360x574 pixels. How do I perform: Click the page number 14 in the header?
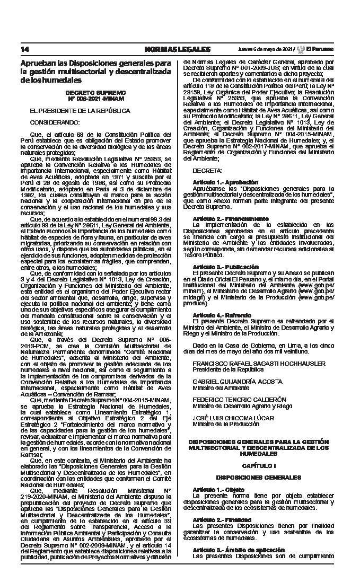tap(25, 49)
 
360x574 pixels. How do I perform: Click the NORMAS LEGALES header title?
tap(177, 49)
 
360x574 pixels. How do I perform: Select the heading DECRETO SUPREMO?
tap(96, 93)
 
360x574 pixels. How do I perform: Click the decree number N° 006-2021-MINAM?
tap(96, 99)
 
